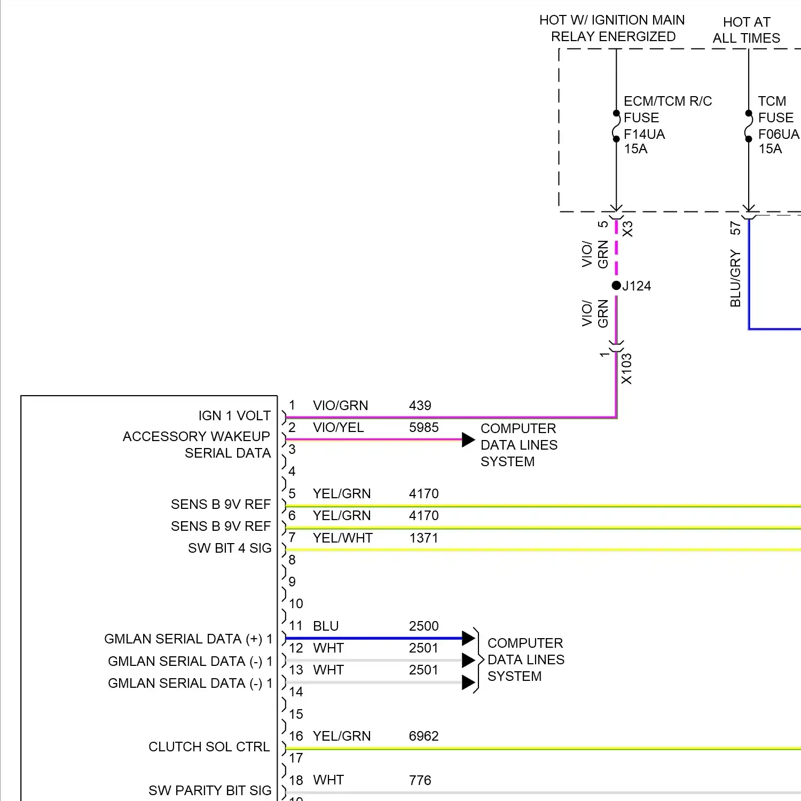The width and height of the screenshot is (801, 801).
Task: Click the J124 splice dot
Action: [616, 285]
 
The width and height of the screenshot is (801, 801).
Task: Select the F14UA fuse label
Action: [644, 134]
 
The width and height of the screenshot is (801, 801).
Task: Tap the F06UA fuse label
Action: [778, 134]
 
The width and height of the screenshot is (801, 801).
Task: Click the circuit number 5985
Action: [423, 427]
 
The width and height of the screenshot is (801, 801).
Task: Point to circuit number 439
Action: [420, 405]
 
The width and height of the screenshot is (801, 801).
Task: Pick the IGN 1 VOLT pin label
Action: [234, 415]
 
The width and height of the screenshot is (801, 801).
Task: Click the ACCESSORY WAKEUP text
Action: [196, 436]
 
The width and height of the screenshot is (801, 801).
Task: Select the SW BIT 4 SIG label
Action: [230, 548]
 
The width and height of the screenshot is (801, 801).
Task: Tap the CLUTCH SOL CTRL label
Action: [209, 747]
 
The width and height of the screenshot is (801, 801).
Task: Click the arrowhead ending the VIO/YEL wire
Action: [468, 439]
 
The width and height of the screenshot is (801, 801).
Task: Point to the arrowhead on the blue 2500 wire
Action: [468, 638]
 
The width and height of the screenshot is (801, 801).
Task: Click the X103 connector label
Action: [626, 368]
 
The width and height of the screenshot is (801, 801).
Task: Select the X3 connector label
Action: [627, 229]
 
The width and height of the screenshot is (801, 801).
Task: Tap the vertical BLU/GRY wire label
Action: [735, 278]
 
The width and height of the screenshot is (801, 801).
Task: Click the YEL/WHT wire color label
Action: [342, 538]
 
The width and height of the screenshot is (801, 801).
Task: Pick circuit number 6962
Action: [423, 736]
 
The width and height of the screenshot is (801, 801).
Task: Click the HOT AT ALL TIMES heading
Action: [746, 30]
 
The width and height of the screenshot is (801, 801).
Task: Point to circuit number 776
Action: [420, 780]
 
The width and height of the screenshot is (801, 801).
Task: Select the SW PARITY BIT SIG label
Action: [210, 790]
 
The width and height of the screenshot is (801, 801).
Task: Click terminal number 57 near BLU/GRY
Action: [735, 229]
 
